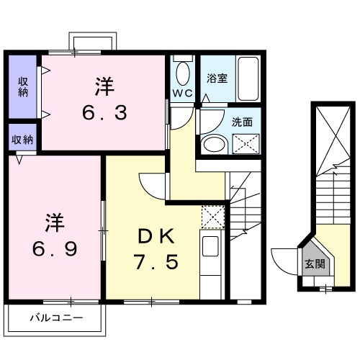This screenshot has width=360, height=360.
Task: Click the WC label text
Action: (x=181, y=94)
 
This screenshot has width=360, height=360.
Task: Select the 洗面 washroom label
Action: (x=242, y=122)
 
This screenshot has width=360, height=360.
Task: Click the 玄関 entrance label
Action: (x=314, y=264)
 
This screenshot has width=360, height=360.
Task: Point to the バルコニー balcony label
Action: (x=56, y=318)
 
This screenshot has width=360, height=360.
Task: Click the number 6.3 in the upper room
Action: (x=105, y=113)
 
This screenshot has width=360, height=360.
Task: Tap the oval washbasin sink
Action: (x=213, y=143)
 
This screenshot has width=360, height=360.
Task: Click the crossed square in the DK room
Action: (x=212, y=217)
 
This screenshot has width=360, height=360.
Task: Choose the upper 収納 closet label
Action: (x=23, y=86)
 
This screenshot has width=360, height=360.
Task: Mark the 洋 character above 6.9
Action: (x=55, y=220)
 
